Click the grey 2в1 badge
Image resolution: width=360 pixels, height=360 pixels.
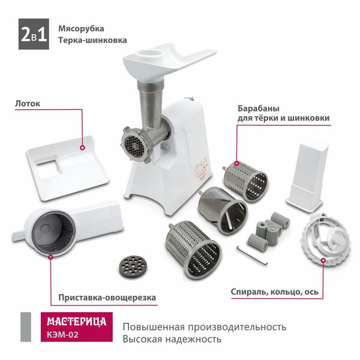(x=34, y=34)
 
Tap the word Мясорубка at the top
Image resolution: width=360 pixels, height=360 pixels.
(x=81, y=28)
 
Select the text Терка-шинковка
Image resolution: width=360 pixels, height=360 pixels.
(x=92, y=40)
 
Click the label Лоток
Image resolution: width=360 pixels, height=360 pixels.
(x=28, y=103)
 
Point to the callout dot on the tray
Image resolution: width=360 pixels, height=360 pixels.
(x=83, y=148)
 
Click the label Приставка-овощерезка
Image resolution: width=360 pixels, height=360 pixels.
(x=107, y=298)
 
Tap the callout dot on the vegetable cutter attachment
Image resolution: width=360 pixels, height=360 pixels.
(x=51, y=257)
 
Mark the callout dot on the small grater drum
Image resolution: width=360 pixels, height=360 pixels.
(x=236, y=163)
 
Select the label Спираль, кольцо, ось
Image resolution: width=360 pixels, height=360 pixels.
(x=275, y=292)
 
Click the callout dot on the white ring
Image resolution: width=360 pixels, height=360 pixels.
(x=323, y=260)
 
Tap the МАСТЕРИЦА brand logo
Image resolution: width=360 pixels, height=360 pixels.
(x=77, y=322)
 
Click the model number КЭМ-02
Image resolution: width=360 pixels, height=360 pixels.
(x=62, y=334)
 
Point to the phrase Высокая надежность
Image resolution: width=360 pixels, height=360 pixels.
(x=172, y=339)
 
